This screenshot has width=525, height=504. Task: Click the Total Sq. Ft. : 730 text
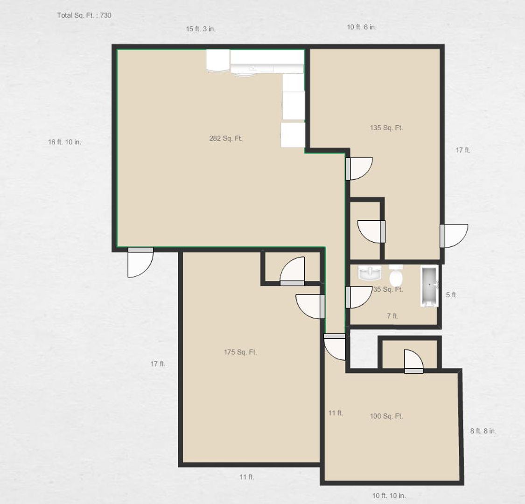pyautogui.click(x=84, y=15)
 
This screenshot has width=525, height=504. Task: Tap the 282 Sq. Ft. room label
pyautogui.click(x=226, y=138)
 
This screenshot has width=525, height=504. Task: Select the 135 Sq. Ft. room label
pyautogui.click(x=386, y=127)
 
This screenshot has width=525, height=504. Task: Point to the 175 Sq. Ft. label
pyautogui.click(x=240, y=352)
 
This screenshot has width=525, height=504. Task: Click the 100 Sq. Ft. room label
pyautogui.click(x=386, y=416)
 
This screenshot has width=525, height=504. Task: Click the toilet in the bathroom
pyautogui.click(x=396, y=274)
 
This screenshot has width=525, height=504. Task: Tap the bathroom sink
pyautogui.click(x=370, y=273)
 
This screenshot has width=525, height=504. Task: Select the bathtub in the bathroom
pyautogui.click(x=429, y=286)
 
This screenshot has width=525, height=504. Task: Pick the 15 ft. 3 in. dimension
pyautogui.click(x=201, y=29)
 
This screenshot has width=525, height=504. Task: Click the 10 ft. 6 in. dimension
pyautogui.click(x=362, y=27)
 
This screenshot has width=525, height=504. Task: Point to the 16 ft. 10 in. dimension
pyautogui.click(x=64, y=142)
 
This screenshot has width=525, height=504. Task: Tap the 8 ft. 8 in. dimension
pyautogui.click(x=483, y=431)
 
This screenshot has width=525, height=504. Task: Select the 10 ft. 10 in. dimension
pyautogui.click(x=389, y=495)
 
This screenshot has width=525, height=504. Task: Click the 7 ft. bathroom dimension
pyautogui.click(x=392, y=316)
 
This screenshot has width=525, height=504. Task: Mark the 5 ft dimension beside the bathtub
pyautogui.click(x=451, y=294)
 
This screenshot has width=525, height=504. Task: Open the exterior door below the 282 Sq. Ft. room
pyautogui.click(x=140, y=263)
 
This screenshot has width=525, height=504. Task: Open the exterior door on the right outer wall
pyautogui.click(x=454, y=236)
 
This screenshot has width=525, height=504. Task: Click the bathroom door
pyautogui.click(x=358, y=297)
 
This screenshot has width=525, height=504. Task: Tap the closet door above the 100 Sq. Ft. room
pyautogui.click(x=414, y=361)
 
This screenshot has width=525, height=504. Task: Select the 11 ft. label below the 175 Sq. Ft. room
pyautogui.click(x=247, y=477)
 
